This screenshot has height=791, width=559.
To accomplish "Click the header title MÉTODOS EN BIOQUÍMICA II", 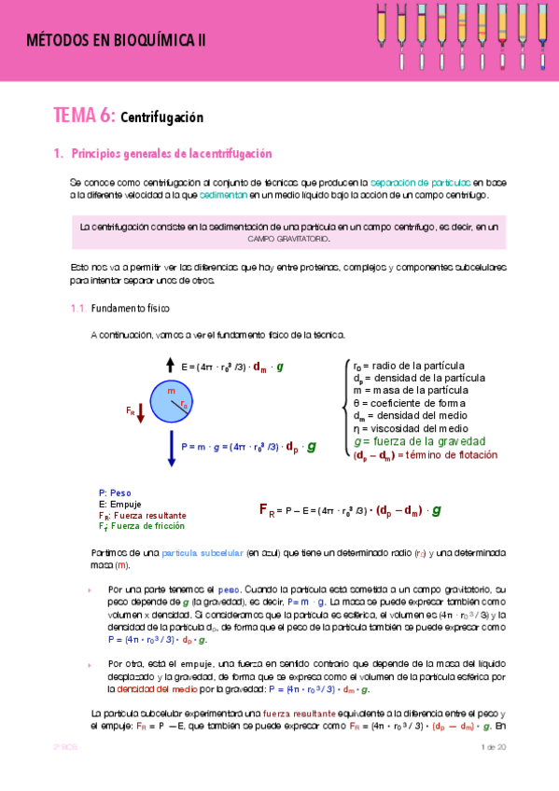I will point(116,39).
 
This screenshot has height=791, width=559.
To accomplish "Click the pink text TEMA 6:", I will point(84,117).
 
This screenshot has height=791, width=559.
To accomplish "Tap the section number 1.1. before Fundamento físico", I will point(78,308).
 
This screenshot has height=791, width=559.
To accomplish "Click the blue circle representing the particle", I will point(171,402).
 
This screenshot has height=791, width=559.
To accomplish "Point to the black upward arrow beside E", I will point(170,365).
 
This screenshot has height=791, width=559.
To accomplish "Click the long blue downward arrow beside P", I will point(172,448).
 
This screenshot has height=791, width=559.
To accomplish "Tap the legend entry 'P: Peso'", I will point(115,493).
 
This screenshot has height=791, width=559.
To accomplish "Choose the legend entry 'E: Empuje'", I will point(119,504).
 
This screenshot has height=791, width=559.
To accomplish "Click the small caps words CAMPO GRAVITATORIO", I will point(288,239).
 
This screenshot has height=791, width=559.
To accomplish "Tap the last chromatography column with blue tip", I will point(543,33).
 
